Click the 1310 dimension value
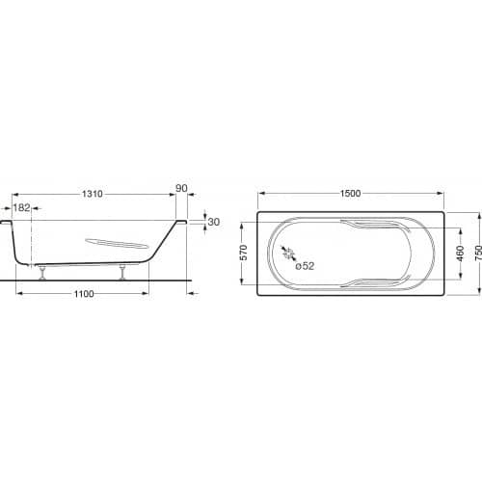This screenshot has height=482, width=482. coord(93,194)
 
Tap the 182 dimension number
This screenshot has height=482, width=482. coord(21,208)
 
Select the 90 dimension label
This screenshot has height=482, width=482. coord(181,188)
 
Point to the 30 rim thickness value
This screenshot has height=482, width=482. coord(214,222)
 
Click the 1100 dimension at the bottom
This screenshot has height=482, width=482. coord(84,294)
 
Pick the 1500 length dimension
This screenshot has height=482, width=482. coord(350,194)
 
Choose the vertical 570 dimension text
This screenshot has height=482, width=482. coord(244,253)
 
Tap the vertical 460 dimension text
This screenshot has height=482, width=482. coord(461,254)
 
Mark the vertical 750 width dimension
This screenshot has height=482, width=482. coord(478,253)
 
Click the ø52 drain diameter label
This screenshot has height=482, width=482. coord(305,266)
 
